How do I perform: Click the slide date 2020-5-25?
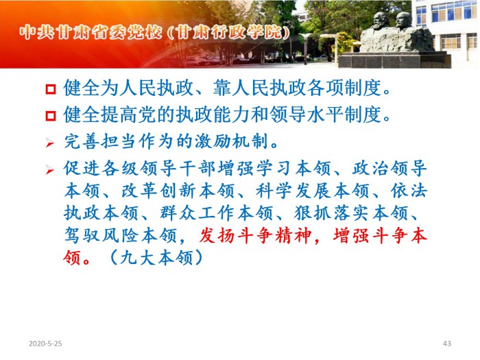coord(45,344)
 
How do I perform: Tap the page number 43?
coord(446,344)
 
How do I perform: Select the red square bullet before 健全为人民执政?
coord(51,89)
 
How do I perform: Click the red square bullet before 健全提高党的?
coord(51,116)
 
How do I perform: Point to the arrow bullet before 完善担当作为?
coord(50,143)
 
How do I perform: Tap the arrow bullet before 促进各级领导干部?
coord(50,169)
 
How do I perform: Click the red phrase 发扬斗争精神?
coord(255,236)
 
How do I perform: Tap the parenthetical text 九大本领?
coord(156,258)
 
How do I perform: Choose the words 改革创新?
coord(159,191)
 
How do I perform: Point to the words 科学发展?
coord(293,191)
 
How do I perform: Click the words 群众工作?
coord(197,213)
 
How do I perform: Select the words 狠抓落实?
coord(331,213)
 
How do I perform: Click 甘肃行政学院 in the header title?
coord(229,32)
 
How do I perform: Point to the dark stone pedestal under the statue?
coord(394,60)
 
